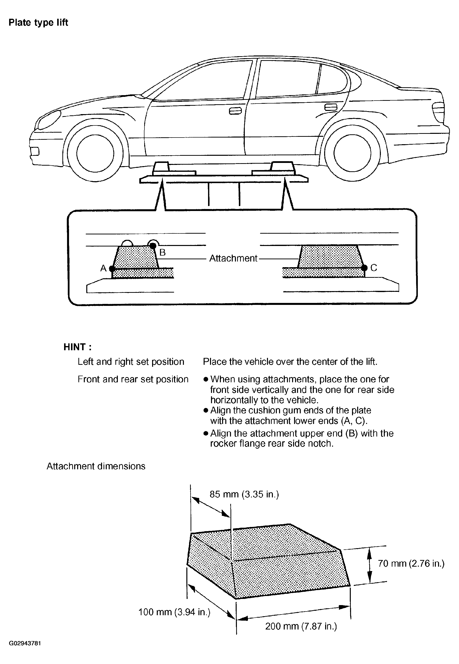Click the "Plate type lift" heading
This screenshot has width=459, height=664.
pyautogui.click(x=38, y=22)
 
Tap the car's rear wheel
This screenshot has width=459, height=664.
pyautogui.click(x=352, y=153)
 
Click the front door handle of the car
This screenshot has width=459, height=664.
pyautogui.click(x=235, y=111)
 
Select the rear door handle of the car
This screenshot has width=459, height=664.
pyautogui.click(x=331, y=107)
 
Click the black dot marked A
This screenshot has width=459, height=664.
pyautogui.click(x=112, y=269)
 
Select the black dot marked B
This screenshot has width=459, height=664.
pyautogui.click(x=153, y=245)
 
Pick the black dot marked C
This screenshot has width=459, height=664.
pyautogui.click(x=364, y=268)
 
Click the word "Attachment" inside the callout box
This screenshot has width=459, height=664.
pyautogui.click(x=233, y=258)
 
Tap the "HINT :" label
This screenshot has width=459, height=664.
pyautogui.click(x=77, y=347)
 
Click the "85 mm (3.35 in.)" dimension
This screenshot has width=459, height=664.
pyautogui.click(x=244, y=494)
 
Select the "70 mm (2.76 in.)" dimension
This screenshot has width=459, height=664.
pyautogui.click(x=411, y=563)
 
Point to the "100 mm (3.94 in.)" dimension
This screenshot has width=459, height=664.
pyautogui.click(x=174, y=612)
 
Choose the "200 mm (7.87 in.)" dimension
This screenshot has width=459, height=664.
pyautogui.click(x=301, y=626)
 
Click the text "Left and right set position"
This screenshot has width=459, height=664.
pyautogui.click(x=131, y=362)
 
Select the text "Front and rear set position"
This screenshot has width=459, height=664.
pyautogui.click(x=133, y=379)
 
